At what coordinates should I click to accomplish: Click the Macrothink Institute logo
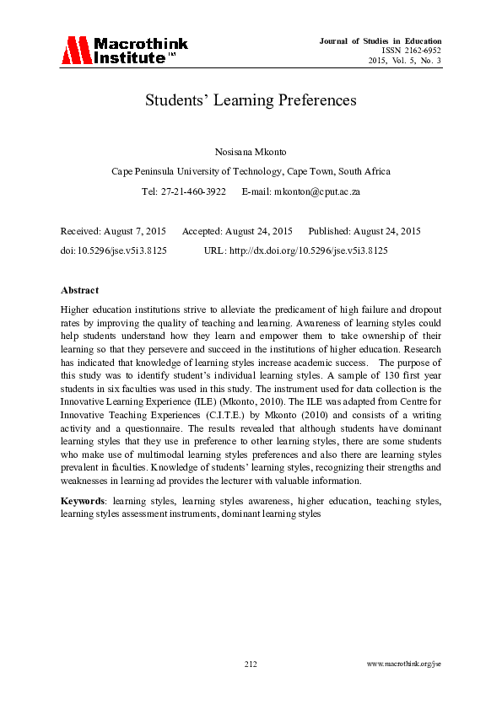pyautogui.click(x=124, y=51)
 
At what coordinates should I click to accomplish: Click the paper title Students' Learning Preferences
pyautogui.click(x=251, y=100)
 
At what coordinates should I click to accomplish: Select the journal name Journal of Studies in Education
pyautogui.click(x=381, y=41)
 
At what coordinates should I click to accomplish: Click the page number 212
pyautogui.click(x=251, y=664)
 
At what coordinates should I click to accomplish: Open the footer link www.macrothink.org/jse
pyautogui.click(x=404, y=664)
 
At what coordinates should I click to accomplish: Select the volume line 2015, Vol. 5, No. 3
pyautogui.click(x=405, y=60)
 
